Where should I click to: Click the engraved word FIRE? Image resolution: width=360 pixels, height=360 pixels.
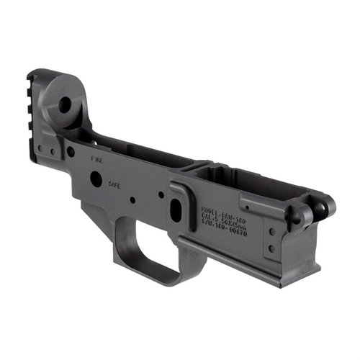coord(98,158)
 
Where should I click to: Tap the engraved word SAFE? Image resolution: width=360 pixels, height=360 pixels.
coord(113,184)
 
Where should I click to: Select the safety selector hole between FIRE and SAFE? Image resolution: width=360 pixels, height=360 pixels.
coord(96,178)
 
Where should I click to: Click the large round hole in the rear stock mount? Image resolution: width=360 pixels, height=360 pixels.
coord(65,106)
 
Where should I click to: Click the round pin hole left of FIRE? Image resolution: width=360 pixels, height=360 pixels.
coord(71,152)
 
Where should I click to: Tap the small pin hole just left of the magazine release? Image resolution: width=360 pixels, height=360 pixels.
coord(160,194)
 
